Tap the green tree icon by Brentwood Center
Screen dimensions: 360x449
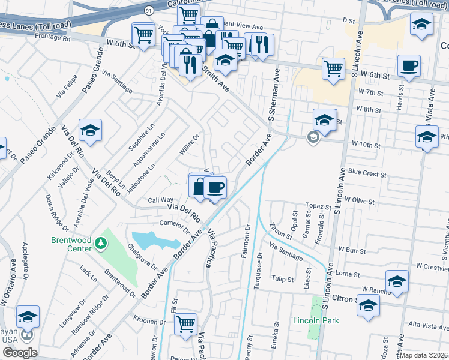[101, 244]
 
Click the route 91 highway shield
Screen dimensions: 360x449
[148, 10]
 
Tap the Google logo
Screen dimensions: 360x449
[19, 353]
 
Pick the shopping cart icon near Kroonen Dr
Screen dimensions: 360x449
[186, 324]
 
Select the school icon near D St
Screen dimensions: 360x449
[421, 25]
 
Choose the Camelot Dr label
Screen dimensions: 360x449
[175, 226]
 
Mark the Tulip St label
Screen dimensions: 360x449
[281, 279]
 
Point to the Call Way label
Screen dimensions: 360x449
[160, 200]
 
